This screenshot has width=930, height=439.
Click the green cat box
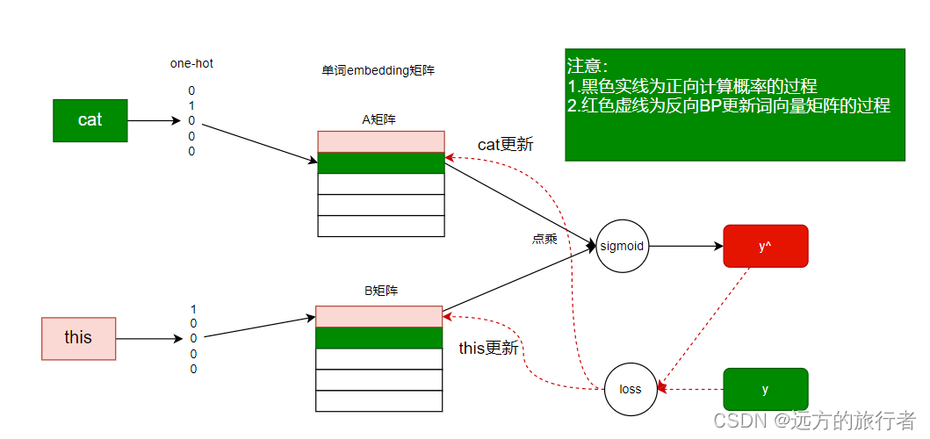(x=90, y=120)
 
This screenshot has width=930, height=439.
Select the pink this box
(x=78, y=338)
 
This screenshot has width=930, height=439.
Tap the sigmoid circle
(x=622, y=246)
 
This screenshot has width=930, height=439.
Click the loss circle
(x=631, y=389)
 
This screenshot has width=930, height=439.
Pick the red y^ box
(x=765, y=247)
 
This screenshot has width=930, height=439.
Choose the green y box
(x=765, y=389)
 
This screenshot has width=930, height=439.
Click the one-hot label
(x=191, y=63)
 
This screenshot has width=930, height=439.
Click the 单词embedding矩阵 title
(x=378, y=70)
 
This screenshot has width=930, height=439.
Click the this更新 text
(x=488, y=349)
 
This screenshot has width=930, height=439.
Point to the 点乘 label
(x=544, y=239)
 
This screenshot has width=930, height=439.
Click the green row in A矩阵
(x=381, y=163)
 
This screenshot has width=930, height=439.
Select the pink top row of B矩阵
(x=378, y=316)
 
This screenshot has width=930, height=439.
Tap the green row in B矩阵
(x=378, y=338)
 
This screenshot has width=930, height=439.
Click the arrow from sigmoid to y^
(x=685, y=246)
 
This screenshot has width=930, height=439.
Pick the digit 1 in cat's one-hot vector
(x=191, y=105)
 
